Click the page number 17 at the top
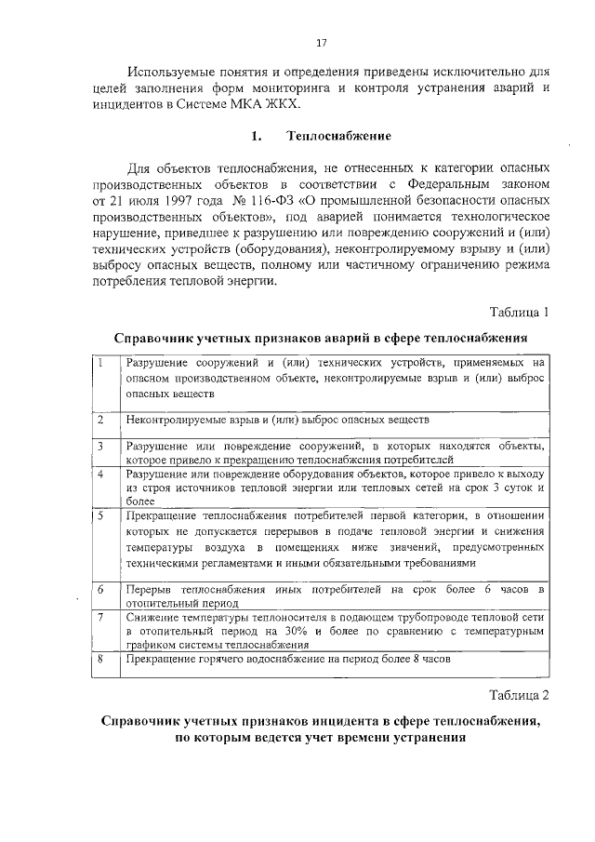(322, 43)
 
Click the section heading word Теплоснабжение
(338, 136)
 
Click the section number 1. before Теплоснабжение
(257, 136)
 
